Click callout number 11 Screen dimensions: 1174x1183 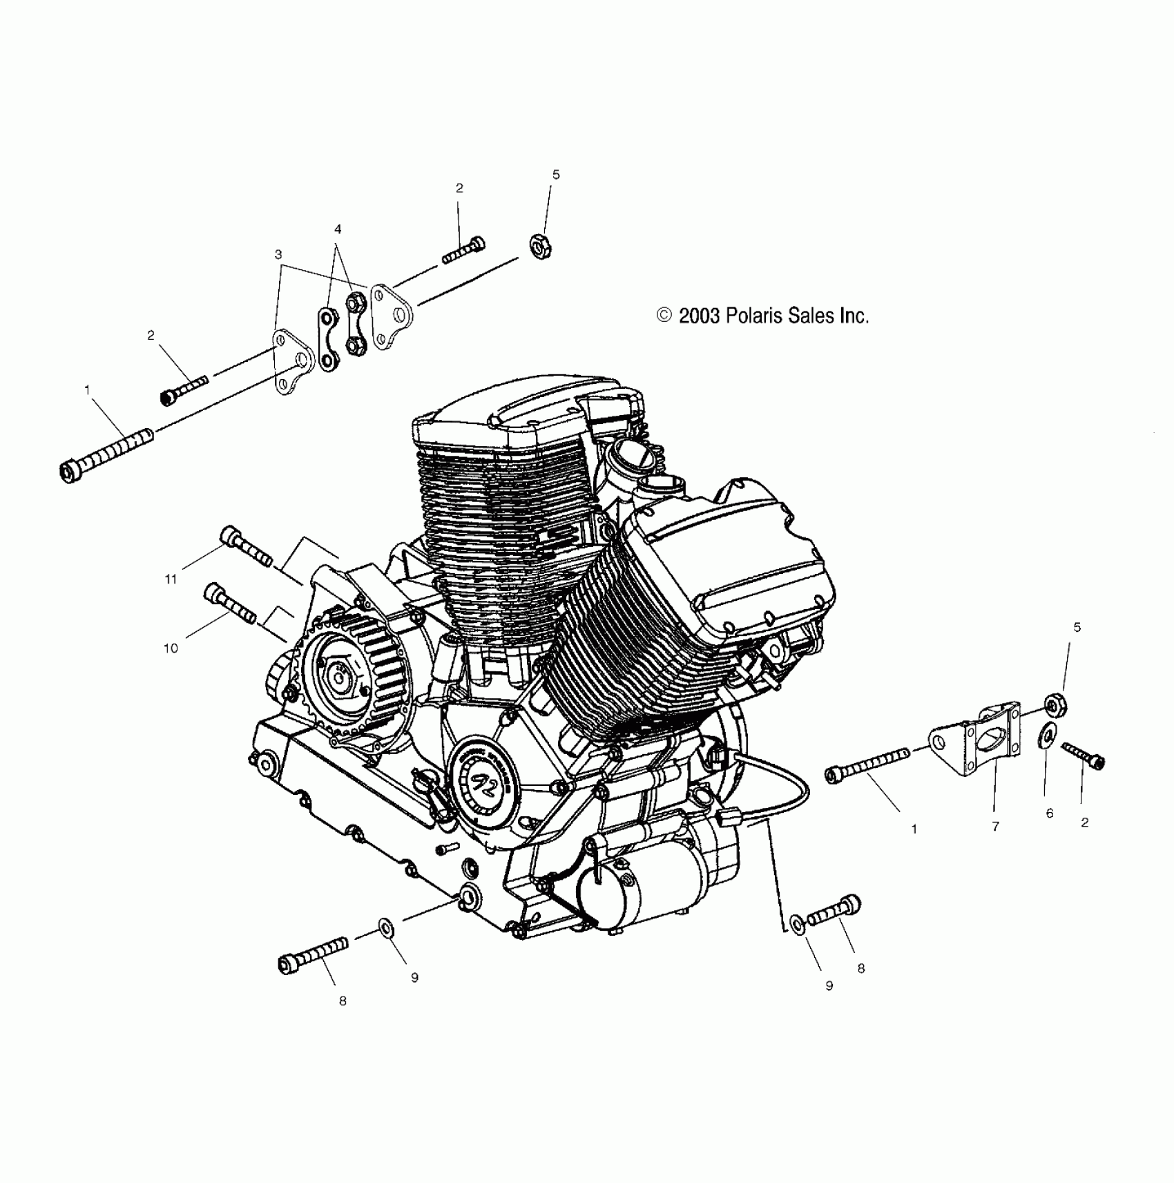point(171,579)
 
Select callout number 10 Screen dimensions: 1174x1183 point(171,648)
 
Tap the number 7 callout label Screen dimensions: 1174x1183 point(995,826)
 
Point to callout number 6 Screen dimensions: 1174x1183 point(1050,814)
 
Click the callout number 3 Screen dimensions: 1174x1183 point(278,255)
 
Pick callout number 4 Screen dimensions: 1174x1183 point(338,229)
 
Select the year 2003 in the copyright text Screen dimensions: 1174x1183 point(700,316)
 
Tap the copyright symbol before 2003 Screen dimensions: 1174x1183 point(664,316)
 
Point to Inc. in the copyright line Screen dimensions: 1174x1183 point(854,316)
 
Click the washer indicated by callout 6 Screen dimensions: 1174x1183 point(1047,735)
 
